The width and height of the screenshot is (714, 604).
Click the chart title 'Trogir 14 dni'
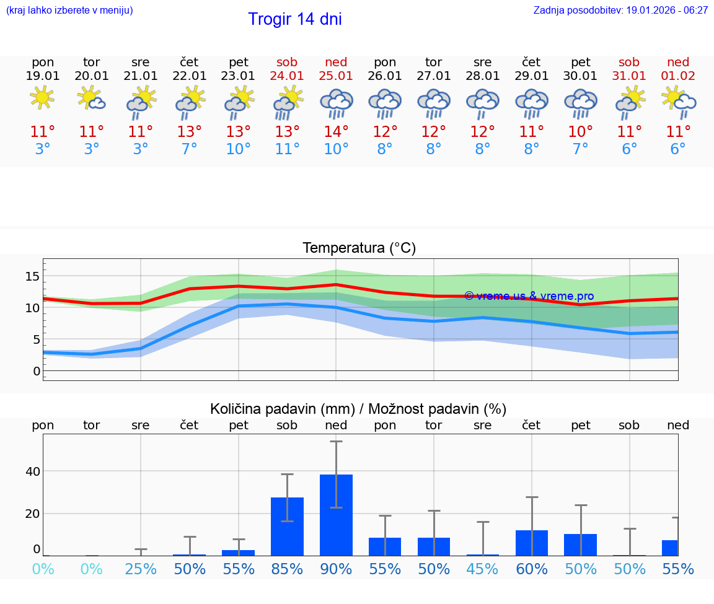[294, 19]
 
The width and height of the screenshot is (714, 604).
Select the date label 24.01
[287, 76]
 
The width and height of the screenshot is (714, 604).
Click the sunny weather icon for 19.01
[43, 98]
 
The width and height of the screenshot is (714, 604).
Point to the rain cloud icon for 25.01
[336, 103]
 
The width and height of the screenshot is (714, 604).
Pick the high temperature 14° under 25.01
[336, 131]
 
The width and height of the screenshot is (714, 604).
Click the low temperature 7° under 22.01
[190, 149]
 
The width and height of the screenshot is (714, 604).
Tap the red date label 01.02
[678, 76]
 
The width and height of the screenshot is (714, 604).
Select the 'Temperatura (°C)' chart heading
[359, 248]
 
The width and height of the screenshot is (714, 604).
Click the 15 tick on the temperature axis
[32, 276]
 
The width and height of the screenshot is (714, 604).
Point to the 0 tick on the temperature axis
[37, 371]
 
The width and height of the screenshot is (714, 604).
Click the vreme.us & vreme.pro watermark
[529, 296]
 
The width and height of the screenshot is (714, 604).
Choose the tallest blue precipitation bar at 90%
[336, 515]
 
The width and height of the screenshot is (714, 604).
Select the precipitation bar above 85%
[288, 527]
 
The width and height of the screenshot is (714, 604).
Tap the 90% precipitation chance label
[336, 569]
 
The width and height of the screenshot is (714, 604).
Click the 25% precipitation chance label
[141, 569]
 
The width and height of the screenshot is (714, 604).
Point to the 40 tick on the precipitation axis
[32, 471]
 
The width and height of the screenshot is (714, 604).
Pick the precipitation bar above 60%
[532, 543]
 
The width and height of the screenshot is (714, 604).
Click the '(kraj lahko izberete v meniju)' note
[69, 11]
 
